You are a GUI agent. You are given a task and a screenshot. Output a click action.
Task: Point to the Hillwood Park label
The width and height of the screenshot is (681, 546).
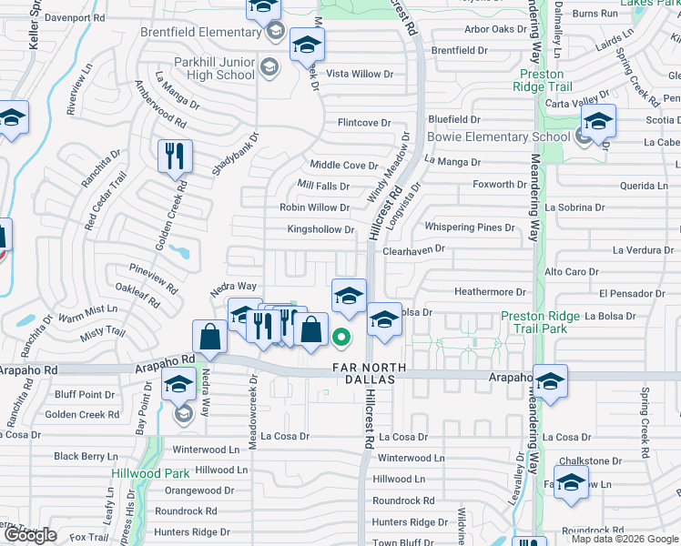click(x=150, y=473)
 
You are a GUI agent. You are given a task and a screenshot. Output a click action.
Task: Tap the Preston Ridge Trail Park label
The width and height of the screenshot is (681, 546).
click(x=541, y=322)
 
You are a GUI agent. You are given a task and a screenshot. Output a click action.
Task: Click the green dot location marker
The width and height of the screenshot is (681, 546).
click(x=341, y=338)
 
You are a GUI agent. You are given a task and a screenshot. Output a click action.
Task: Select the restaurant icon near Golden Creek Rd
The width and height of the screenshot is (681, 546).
click(x=173, y=156)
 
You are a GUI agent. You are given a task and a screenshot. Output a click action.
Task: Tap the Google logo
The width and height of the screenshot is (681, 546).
click(x=30, y=534)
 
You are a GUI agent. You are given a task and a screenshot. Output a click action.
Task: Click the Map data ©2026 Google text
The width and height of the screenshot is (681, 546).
click(x=625, y=539)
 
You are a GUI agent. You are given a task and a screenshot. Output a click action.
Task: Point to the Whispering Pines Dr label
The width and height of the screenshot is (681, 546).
click(x=469, y=227)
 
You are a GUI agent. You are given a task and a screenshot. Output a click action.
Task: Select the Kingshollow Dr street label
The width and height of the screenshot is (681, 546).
click(x=320, y=230)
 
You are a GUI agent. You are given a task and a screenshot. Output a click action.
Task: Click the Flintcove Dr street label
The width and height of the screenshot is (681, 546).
click(x=363, y=123)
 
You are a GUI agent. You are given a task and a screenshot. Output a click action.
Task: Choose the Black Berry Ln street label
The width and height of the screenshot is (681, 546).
click(x=86, y=456)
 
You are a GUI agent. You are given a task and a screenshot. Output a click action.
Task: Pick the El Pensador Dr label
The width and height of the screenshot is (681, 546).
click(x=632, y=294)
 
